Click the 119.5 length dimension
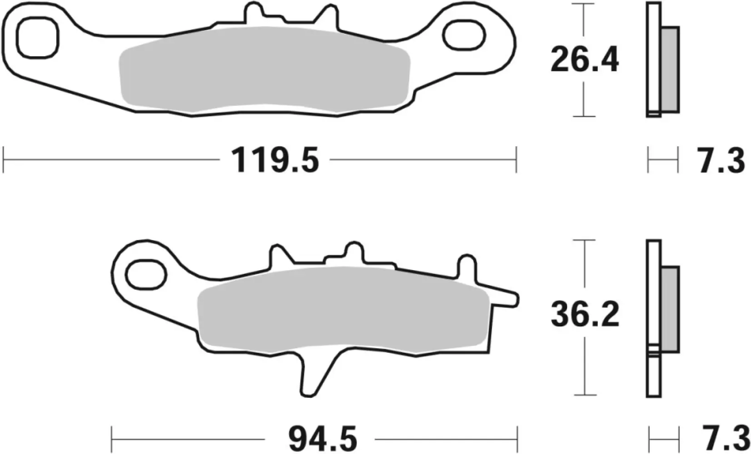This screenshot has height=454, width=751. tap(275, 160)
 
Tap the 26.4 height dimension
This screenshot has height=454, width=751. tap(584, 60)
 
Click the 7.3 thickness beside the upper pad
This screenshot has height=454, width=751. tap(721, 160)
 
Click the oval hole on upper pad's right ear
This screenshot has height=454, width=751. tap(464, 35)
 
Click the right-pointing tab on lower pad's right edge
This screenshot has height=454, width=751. tap(504, 297)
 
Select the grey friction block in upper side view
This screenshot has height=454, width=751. tap(670, 69)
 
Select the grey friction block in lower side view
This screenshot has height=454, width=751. tap(670, 309)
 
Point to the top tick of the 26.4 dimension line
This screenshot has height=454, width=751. tap(583, 4)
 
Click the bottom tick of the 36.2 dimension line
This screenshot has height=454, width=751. tap(583, 395)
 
